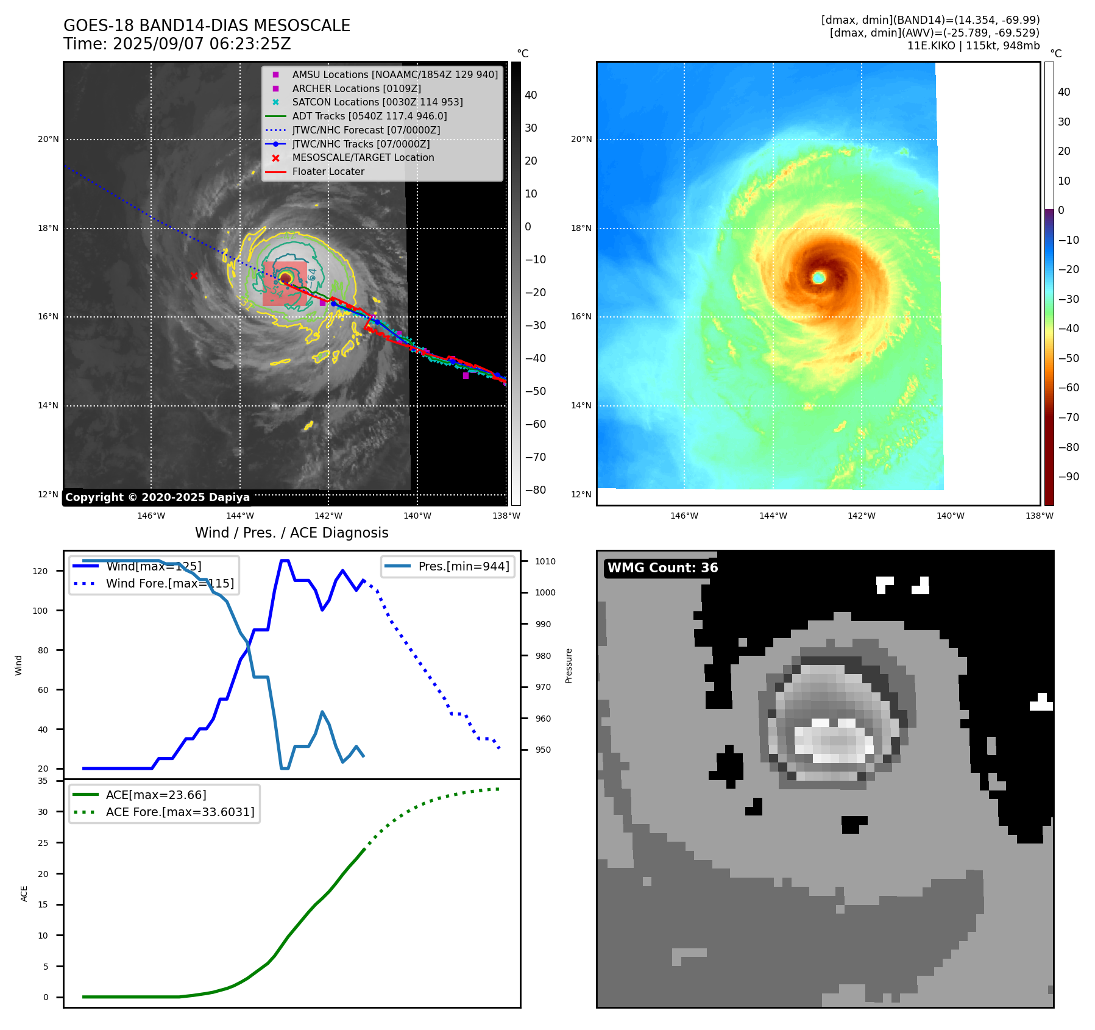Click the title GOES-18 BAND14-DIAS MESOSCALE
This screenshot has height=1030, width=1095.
pyautogui.click(x=207, y=26)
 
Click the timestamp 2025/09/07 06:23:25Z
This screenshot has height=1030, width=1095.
pyautogui.click(x=202, y=44)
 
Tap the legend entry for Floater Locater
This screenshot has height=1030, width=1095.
pyautogui.click(x=328, y=172)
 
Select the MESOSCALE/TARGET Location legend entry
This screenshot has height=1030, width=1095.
pyautogui.click(x=363, y=158)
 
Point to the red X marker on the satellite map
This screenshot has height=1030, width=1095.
pyautogui.click(x=194, y=276)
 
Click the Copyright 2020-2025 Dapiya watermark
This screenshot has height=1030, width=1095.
pyautogui.click(x=157, y=497)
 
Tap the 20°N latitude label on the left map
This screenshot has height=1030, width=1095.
pyautogui.click(x=49, y=140)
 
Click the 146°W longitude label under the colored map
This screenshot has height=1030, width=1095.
pyautogui.click(x=684, y=516)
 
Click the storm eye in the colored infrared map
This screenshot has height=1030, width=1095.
pyautogui.click(x=818, y=278)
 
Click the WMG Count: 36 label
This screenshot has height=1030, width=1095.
pyautogui.click(x=662, y=568)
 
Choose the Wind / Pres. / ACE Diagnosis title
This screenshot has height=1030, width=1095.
pyautogui.click(x=291, y=533)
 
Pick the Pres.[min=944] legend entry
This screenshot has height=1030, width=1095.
pyautogui.click(x=463, y=566)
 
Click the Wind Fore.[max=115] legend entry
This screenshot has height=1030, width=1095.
pyautogui.click(x=169, y=583)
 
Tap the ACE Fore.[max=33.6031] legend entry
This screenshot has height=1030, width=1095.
pyautogui.click(x=180, y=812)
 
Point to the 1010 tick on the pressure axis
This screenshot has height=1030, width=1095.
pyautogui.click(x=545, y=561)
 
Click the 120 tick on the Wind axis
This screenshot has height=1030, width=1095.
pyautogui.click(x=40, y=571)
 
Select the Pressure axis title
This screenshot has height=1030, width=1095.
pyautogui.click(x=569, y=666)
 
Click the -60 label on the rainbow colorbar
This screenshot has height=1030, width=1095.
pyautogui.click(x=1068, y=388)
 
